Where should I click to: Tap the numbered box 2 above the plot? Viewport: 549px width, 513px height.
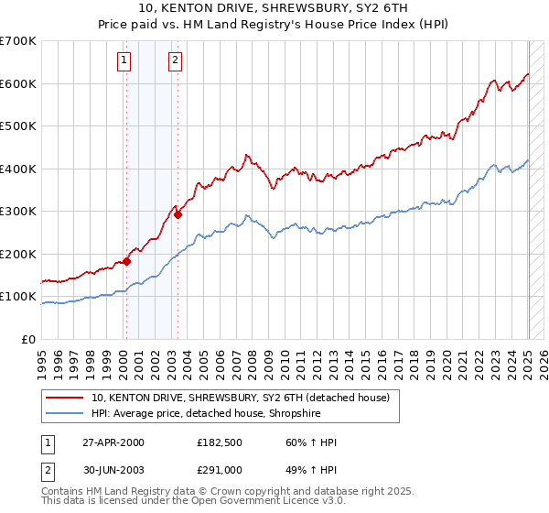174,61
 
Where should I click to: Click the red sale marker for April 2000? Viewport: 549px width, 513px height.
127,261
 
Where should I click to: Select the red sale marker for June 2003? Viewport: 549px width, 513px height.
178,215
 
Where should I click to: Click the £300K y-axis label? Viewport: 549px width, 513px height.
18,212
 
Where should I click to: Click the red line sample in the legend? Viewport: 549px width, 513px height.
65,398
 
